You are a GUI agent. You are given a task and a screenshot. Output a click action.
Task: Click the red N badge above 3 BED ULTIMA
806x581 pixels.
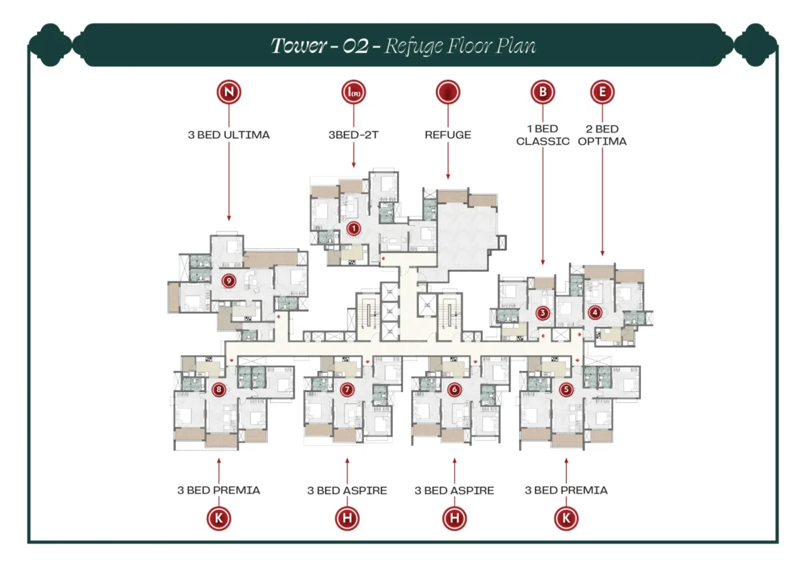tap(228, 92)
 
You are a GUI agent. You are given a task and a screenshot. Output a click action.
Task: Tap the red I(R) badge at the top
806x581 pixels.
tap(354, 92)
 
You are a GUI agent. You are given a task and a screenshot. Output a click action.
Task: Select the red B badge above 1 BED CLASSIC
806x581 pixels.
tap(542, 92)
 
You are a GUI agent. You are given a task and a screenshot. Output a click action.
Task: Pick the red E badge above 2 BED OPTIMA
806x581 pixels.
tap(602, 92)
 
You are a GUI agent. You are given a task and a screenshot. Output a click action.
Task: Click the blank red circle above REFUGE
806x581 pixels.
tap(448, 92)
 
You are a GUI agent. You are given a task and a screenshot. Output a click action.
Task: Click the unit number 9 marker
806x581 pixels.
tap(228, 280)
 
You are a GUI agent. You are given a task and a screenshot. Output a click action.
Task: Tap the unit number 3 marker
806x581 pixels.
tap(543, 313)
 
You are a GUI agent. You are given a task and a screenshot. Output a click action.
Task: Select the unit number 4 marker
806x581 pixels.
tap(594, 312)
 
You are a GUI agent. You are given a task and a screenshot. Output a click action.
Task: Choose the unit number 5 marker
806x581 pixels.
tap(566, 389)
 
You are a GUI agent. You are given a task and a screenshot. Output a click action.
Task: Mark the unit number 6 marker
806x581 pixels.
tap(454, 389)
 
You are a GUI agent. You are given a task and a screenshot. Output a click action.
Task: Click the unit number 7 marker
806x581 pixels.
tap(347, 389)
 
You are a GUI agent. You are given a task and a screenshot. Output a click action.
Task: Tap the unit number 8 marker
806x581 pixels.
tap(218, 389)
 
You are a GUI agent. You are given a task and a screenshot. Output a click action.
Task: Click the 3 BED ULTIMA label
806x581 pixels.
tap(228, 134)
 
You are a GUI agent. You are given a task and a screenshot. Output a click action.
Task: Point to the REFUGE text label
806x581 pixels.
tap(448, 134)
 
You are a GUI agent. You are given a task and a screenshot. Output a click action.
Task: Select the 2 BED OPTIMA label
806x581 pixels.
tap(602, 134)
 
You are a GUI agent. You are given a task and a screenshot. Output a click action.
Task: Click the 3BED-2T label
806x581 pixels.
tap(354, 134)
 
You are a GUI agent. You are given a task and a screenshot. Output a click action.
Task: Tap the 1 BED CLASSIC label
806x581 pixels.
tap(543, 134)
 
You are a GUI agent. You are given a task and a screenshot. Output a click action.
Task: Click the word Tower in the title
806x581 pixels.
tap(294, 46)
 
